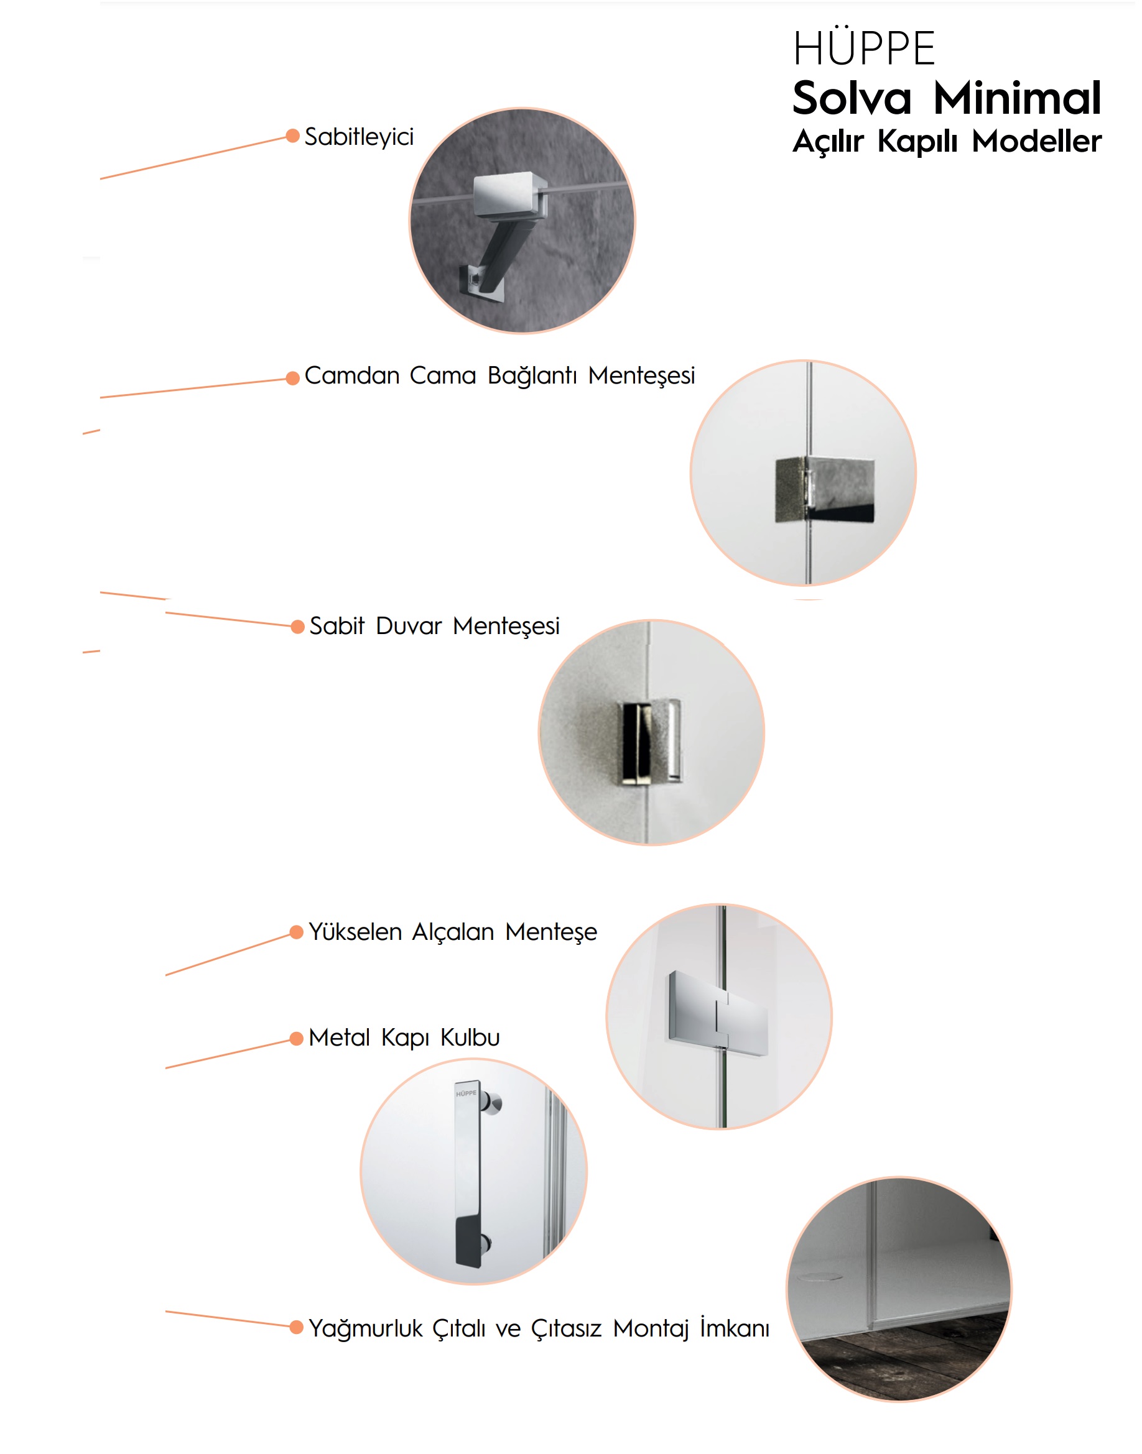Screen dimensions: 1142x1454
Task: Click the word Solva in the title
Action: click(852, 98)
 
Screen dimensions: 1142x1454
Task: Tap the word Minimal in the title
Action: click(1017, 98)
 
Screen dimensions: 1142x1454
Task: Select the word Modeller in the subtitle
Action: click(1036, 141)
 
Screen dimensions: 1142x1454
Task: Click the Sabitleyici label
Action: click(359, 137)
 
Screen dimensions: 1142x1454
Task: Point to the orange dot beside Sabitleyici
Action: click(292, 136)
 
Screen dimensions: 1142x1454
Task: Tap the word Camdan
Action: click(351, 375)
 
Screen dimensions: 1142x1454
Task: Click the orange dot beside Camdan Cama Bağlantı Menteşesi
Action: click(292, 378)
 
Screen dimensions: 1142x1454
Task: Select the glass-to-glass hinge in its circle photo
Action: click(824, 490)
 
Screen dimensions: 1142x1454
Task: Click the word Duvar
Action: click(409, 626)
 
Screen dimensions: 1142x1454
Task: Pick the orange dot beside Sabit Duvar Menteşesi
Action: click(297, 626)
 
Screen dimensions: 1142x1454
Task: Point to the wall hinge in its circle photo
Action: click(652, 741)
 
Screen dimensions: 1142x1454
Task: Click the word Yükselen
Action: click(355, 931)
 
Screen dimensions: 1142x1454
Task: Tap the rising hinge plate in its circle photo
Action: click(718, 1013)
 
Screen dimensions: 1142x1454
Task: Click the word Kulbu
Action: click(470, 1037)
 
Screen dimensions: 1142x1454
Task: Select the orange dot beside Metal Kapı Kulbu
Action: click(296, 1038)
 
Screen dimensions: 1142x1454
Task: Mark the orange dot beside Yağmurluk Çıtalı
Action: click(296, 1327)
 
